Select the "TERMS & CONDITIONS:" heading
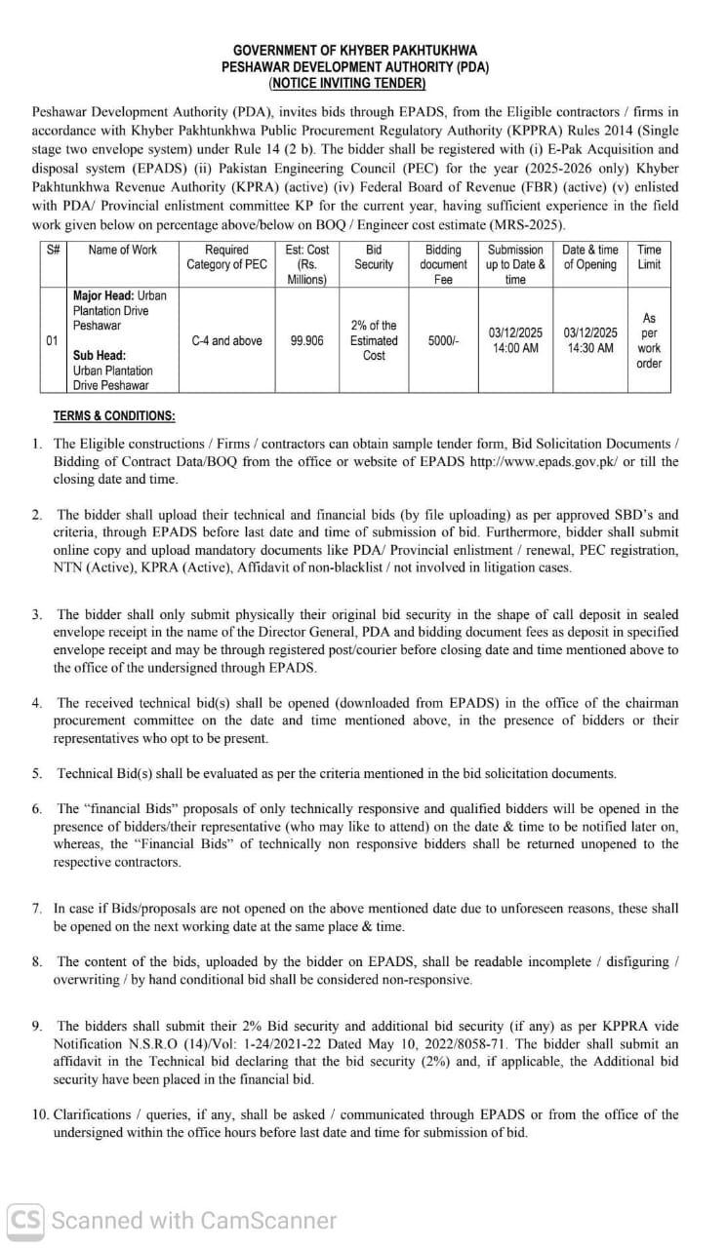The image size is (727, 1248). coord(114,415)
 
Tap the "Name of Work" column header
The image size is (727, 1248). coord(122,250)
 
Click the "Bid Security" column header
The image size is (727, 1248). coord(374,257)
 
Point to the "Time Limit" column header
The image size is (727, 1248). coord(649,257)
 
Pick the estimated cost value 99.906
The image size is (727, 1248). coord(306,341)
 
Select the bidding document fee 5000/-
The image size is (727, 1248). coord(443,341)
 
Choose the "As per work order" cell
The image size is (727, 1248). coord(649,340)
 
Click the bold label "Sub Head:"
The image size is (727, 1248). coord(99,356)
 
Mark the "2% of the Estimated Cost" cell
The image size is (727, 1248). coord(374,340)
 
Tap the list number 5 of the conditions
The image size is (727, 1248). coord(36,773)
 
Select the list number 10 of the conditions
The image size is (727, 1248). coord(40,1114)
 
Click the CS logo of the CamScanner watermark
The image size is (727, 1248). coord(26,1220)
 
